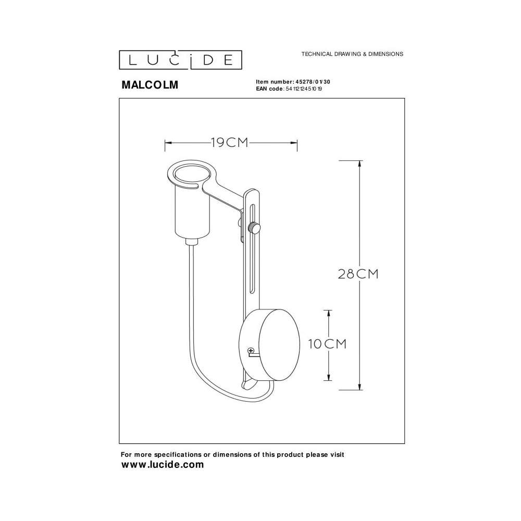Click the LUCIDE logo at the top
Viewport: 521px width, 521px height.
click(180, 60)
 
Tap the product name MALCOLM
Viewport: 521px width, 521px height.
click(150, 85)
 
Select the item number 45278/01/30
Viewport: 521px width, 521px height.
click(312, 82)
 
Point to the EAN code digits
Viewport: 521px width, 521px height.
click(304, 89)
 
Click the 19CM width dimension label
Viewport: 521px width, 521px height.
click(230, 143)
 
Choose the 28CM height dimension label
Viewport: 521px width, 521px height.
click(358, 274)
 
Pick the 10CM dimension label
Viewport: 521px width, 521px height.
click(327, 344)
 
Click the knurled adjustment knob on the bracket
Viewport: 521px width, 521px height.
click(254, 228)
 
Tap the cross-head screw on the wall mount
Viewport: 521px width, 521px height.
click(251, 350)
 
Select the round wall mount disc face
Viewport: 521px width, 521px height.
click(279, 344)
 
